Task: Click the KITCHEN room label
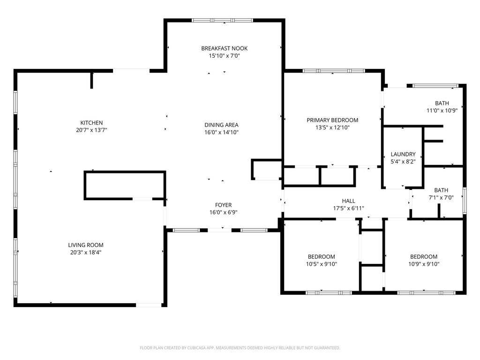[x=91, y=123]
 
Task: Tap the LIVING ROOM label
[x=86, y=245]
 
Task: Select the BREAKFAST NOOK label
[x=225, y=48]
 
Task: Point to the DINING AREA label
[x=221, y=125]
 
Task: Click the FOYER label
[x=224, y=205]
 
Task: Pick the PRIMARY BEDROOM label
[x=332, y=120]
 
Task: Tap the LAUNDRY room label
[x=403, y=154]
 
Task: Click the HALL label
[x=349, y=201]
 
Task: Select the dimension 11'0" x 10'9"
[x=442, y=111]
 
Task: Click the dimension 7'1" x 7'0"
[x=441, y=197]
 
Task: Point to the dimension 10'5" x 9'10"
[x=322, y=264]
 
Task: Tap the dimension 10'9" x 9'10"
[x=424, y=264]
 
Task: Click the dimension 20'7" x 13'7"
[x=91, y=130]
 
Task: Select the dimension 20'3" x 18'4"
[x=86, y=253]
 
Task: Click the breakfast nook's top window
[x=223, y=21]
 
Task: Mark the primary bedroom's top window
[x=334, y=71]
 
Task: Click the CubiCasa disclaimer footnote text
[x=240, y=348]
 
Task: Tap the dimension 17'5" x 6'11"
[x=349, y=209]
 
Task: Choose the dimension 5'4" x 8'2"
[x=403, y=162]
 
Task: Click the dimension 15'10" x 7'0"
[x=225, y=56]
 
